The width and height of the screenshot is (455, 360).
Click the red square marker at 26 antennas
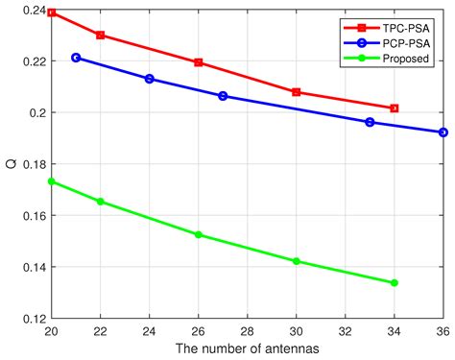(198, 62)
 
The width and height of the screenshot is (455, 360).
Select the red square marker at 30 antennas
(296, 92)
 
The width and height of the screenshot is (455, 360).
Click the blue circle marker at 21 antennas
(76, 58)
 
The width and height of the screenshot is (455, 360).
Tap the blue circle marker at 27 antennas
(223, 96)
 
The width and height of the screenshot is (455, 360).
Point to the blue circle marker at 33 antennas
(370, 122)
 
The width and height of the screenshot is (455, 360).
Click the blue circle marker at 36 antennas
(443, 132)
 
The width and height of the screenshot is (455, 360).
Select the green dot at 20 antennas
(52, 181)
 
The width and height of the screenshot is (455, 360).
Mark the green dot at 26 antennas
(198, 234)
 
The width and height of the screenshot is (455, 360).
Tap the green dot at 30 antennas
(296, 261)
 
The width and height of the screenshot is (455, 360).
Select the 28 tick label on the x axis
(247, 331)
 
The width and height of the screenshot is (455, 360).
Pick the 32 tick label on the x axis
(345, 331)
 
